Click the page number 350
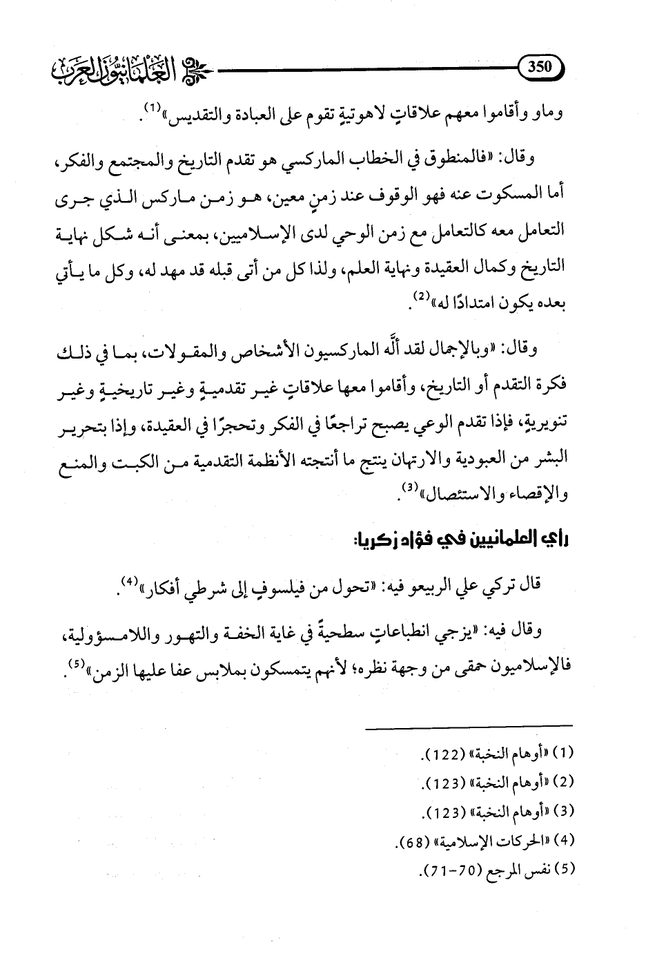(541, 67)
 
